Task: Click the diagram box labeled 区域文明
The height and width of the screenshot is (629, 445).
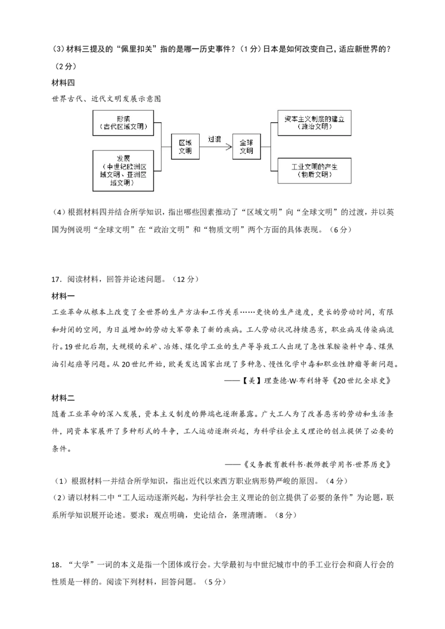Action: [185, 147]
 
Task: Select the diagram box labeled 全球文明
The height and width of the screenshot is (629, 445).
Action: [246, 147]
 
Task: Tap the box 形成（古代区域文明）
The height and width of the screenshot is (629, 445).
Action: [123, 123]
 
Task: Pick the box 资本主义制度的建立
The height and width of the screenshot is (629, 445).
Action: [314, 123]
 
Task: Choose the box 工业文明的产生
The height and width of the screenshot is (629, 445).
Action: [314, 171]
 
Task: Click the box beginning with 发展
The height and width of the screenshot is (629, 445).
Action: [123, 171]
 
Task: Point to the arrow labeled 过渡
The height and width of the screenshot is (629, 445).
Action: [216, 147]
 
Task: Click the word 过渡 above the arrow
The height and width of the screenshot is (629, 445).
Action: [215, 139]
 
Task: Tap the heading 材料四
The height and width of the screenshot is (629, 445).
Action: [63, 83]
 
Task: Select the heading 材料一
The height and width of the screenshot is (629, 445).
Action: [63, 296]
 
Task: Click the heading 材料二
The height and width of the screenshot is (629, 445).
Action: [63, 398]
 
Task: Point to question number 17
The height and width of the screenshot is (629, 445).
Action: [57, 279]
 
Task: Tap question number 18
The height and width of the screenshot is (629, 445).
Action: [57, 565]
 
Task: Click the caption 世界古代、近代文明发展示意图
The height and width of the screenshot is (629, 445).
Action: [106, 99]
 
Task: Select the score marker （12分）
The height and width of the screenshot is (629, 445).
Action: [185, 279]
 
